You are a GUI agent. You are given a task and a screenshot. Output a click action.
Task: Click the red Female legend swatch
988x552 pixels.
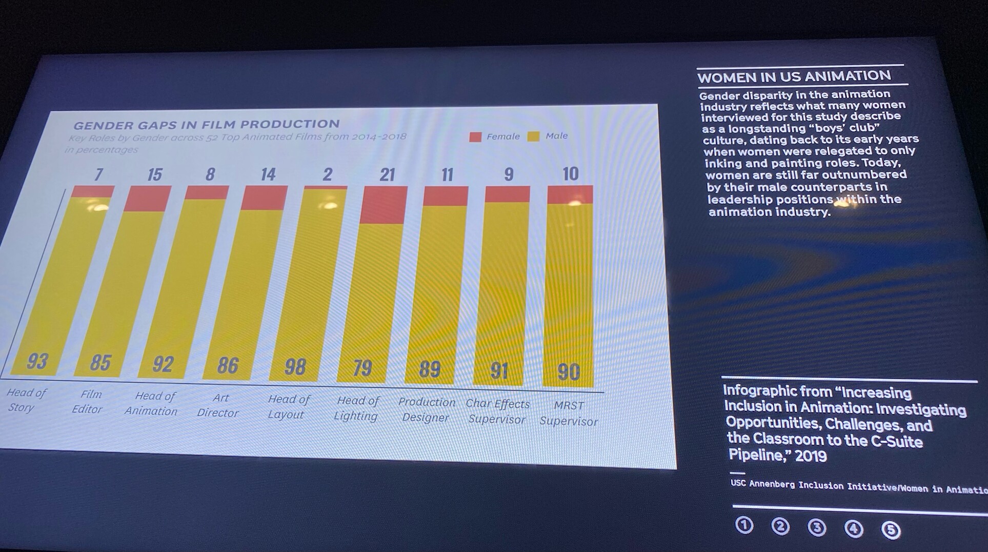pyautogui.click(x=475, y=137)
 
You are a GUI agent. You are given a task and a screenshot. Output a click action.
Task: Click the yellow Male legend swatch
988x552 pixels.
pyautogui.click(x=534, y=136)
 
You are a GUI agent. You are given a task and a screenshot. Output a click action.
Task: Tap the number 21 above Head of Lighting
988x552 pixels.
pyautogui.click(x=387, y=175)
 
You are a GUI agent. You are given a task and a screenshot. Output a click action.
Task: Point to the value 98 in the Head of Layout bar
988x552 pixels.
pyautogui.click(x=295, y=367)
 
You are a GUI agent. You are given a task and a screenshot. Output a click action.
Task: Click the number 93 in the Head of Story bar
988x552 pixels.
pyautogui.click(x=37, y=362)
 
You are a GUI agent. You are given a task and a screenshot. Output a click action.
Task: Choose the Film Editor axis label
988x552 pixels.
pyautogui.click(x=89, y=402)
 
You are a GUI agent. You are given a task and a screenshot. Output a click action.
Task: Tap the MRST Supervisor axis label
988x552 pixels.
pyautogui.click(x=569, y=413)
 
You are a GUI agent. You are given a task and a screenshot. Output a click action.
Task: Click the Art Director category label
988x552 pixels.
pyautogui.click(x=219, y=405)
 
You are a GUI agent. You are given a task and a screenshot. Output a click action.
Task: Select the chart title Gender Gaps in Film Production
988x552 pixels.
pyautogui.click(x=206, y=125)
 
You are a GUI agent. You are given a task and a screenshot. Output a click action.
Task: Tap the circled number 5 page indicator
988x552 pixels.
pyautogui.click(x=891, y=530)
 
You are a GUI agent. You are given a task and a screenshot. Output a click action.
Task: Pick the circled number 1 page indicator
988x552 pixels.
pyautogui.click(x=744, y=525)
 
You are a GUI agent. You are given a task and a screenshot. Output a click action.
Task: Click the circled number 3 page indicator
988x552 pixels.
pyautogui.click(x=817, y=528)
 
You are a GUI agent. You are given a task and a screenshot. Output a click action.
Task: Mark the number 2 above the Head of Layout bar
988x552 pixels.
pyautogui.click(x=328, y=174)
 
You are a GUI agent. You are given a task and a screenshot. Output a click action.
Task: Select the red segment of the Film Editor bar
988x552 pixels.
pyautogui.click(x=147, y=198)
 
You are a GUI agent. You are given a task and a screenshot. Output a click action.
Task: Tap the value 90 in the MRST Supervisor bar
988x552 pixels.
pyautogui.click(x=569, y=372)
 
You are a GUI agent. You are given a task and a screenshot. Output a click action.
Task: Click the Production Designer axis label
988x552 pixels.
pyautogui.click(x=427, y=410)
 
